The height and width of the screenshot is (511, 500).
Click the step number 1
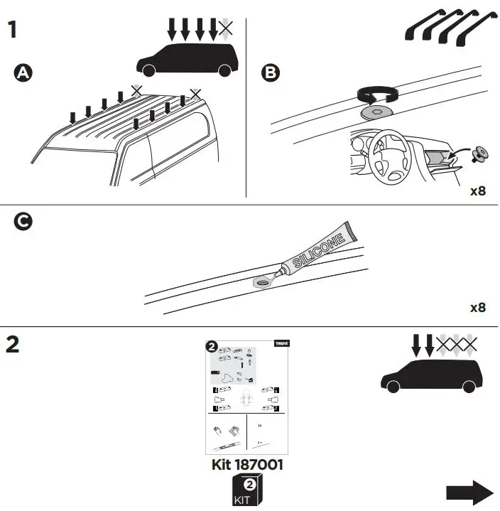12,31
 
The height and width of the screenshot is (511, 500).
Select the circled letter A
23,72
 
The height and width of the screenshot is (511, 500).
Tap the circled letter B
270,72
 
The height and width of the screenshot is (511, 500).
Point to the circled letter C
23,222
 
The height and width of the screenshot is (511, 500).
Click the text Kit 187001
248,465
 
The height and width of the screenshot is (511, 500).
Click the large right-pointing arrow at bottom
469,492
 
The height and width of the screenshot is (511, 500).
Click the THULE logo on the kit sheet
281,345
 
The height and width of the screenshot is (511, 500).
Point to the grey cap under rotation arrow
377,112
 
